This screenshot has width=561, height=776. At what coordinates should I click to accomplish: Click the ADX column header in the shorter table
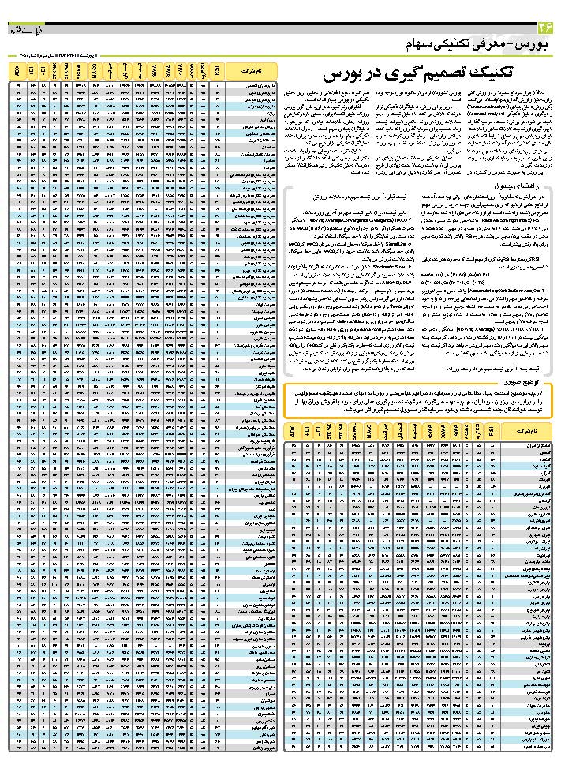[x=292, y=433]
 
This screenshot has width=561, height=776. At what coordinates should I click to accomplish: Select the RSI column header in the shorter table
[x=492, y=433]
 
